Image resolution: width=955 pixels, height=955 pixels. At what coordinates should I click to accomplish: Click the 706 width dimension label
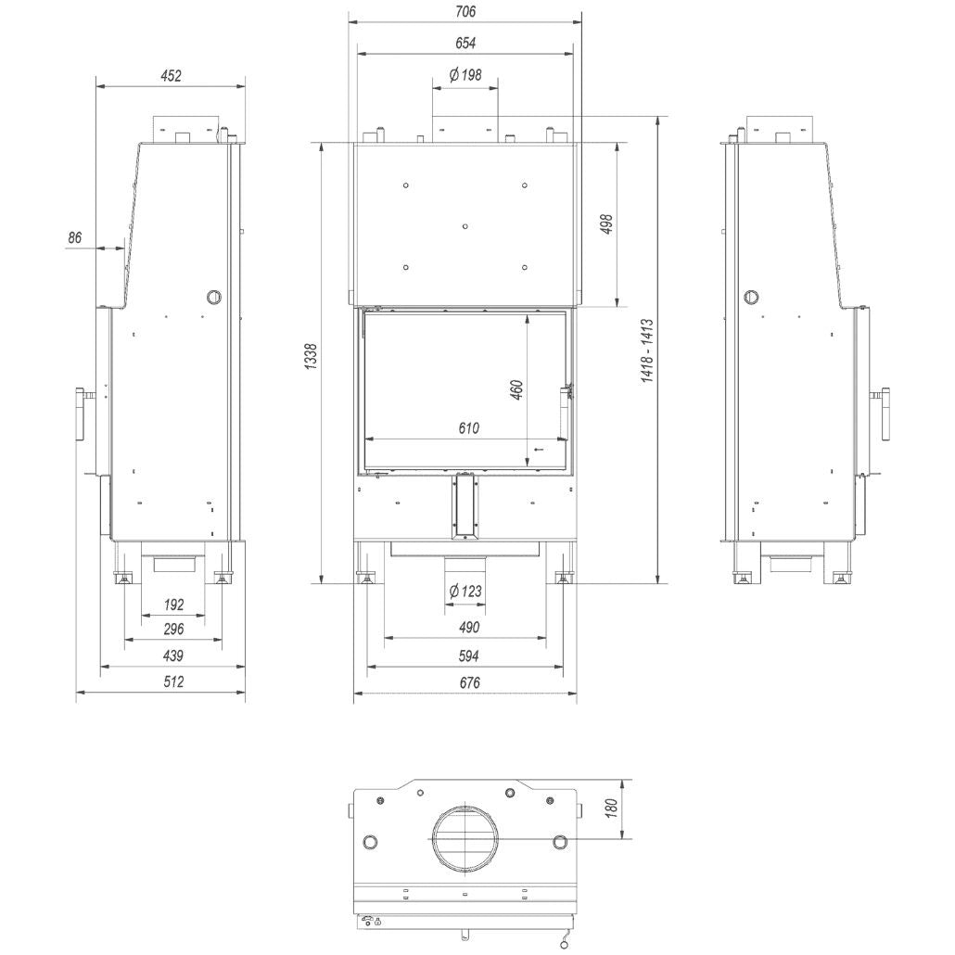pyautogui.click(x=465, y=11)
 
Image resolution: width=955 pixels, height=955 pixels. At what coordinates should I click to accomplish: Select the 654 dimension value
pyautogui.click(x=465, y=44)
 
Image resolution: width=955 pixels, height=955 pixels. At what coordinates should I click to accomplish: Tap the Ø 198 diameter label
pyautogui.click(x=465, y=75)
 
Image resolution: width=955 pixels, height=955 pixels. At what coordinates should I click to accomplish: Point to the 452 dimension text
pyautogui.click(x=172, y=76)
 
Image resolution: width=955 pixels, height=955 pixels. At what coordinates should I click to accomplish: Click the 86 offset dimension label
pyautogui.click(x=74, y=237)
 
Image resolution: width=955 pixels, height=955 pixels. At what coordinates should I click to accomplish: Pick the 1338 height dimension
pyautogui.click(x=311, y=356)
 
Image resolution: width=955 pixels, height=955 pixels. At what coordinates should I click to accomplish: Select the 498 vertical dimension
pyautogui.click(x=606, y=224)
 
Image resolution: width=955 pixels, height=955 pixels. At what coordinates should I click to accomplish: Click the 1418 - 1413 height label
pyautogui.click(x=647, y=350)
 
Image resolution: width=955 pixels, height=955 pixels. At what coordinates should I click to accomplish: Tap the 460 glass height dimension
pyautogui.click(x=516, y=389)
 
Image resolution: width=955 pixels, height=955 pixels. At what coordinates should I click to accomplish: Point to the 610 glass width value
pyautogui.click(x=469, y=428)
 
